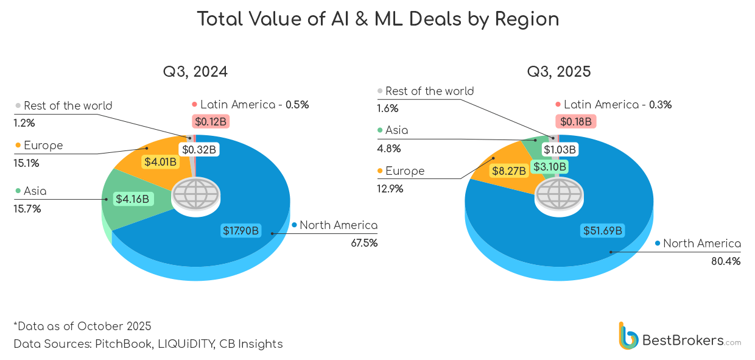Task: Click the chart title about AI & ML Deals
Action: [377, 19]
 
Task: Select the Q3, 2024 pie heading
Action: [195, 72]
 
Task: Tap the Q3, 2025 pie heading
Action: [558, 72]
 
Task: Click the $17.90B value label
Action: [241, 231]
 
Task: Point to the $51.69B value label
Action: [603, 231]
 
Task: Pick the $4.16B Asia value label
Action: [132, 198]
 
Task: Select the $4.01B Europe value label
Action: [160, 162]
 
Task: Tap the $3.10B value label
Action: [550, 166]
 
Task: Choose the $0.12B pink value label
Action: [211, 121]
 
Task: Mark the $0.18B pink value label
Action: [575, 121]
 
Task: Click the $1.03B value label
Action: [560, 149]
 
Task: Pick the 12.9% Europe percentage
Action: [390, 189]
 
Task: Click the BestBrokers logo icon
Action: [628, 336]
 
